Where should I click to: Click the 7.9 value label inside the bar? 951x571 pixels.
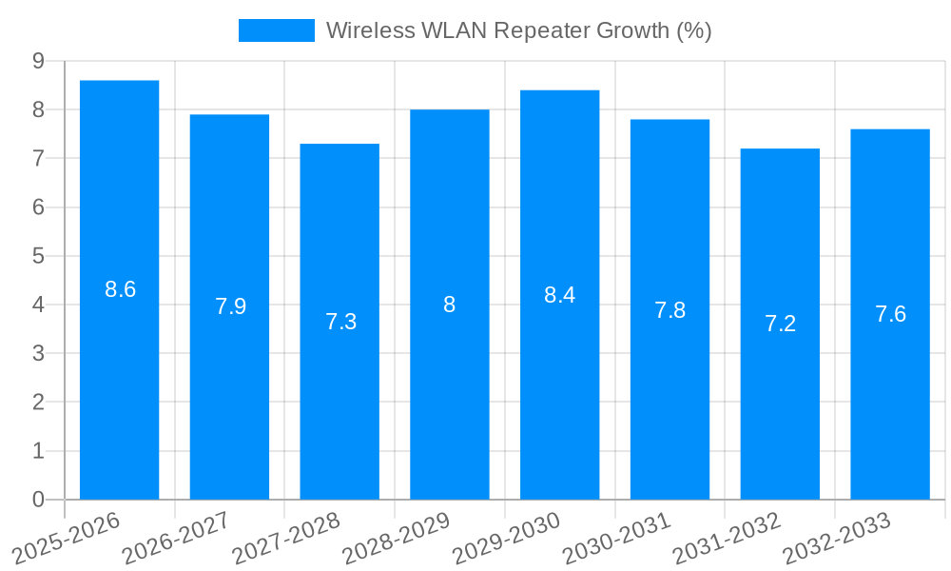pos(230,306)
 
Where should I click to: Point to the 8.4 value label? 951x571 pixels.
pos(559,295)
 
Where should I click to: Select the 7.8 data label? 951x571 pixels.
pos(670,310)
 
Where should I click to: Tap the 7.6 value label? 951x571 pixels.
pos(890,314)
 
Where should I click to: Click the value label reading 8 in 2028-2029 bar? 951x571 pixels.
pos(449,305)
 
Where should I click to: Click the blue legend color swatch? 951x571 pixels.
pos(276,30)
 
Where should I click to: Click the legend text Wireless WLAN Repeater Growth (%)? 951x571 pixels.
pos(518,30)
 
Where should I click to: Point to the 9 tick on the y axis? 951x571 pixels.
pos(38,61)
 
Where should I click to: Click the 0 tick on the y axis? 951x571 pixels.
pos(38,500)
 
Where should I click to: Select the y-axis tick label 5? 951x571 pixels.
pos(38,256)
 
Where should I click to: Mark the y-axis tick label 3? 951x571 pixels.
pos(38,353)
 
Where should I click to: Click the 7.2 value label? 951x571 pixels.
pos(780,324)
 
